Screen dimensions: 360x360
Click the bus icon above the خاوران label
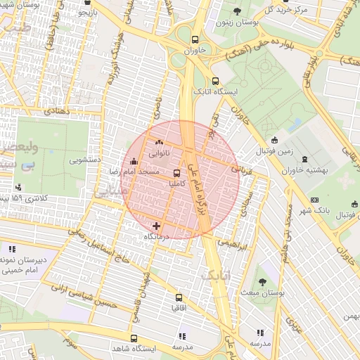195,40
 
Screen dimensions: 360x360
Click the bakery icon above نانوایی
157,142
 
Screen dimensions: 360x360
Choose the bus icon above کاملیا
176,172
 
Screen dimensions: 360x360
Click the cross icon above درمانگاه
156,226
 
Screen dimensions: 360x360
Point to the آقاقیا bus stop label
179,308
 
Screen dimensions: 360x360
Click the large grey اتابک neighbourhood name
217,274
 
